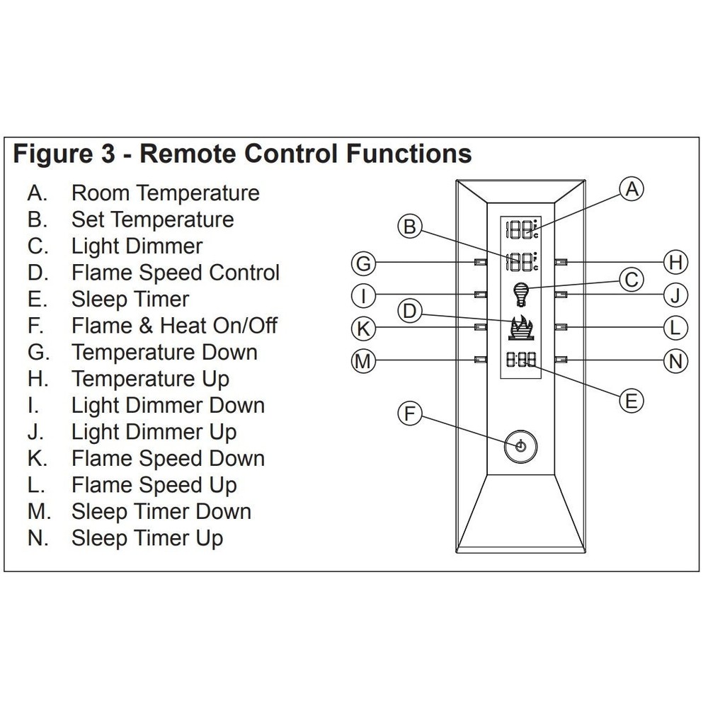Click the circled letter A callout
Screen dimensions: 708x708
(632, 189)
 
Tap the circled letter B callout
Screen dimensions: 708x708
(409, 227)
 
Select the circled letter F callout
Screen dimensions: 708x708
(409, 413)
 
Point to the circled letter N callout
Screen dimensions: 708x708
(675, 361)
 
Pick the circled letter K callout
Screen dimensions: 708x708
(363, 328)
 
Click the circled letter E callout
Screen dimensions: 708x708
(631, 400)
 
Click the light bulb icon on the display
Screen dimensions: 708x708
(520, 292)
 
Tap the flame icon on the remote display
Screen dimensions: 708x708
(521, 328)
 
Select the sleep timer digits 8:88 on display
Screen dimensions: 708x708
(521, 360)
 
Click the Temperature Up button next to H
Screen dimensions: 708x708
(561, 262)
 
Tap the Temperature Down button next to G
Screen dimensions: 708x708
(480, 262)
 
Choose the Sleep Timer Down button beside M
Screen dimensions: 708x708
(480, 360)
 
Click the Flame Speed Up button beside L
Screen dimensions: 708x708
(561, 326)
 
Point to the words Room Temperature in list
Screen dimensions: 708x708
(165, 193)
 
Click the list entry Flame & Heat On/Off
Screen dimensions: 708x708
(174, 326)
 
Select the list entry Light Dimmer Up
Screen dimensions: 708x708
(154, 432)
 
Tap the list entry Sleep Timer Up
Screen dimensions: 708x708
(147, 538)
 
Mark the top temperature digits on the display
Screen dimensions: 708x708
(520, 230)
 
